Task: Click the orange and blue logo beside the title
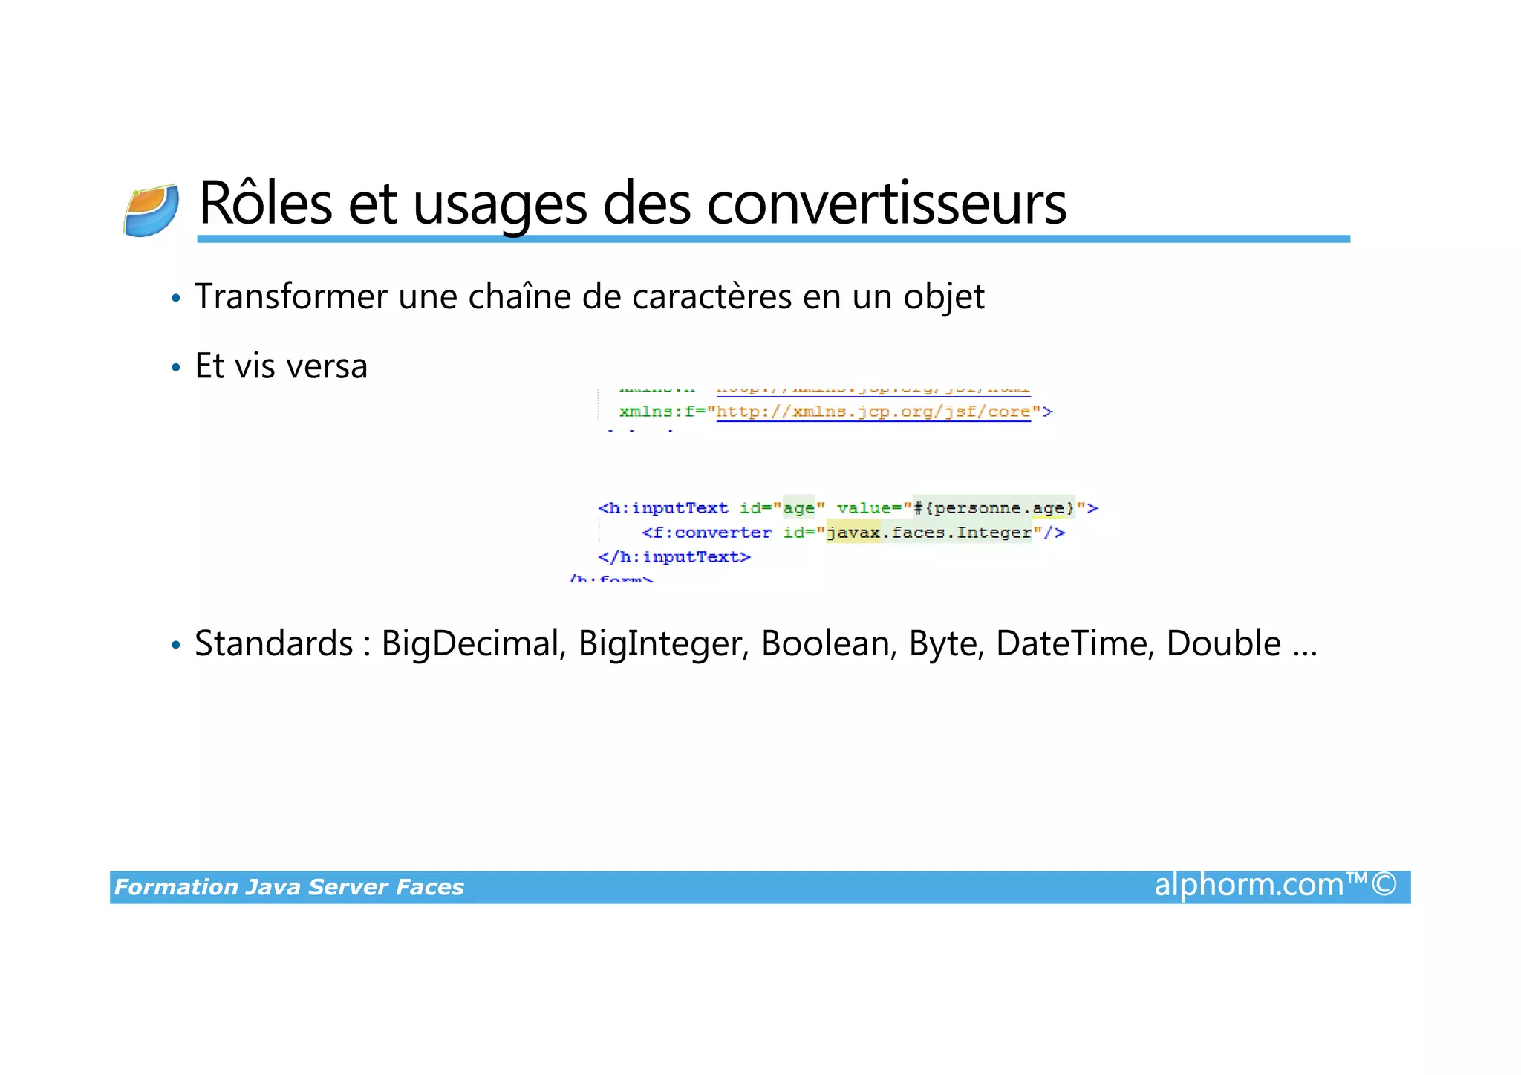151,210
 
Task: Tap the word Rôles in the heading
265,204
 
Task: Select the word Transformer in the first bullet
290,297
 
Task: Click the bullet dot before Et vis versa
176,368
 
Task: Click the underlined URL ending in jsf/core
873,412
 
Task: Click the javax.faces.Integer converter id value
929,533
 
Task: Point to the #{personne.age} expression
993,508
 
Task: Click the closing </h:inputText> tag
674,557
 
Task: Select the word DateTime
1075,643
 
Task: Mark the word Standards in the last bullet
273,643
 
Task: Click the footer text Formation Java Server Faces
289,887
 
